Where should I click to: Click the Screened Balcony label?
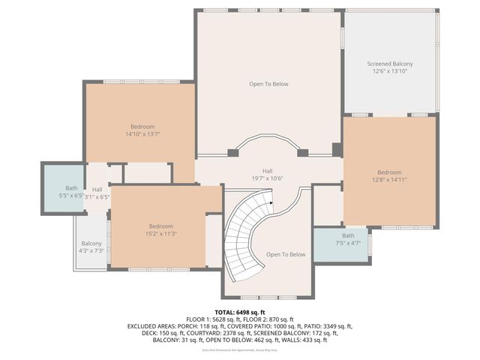pos(389,64)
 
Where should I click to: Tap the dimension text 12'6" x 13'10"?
pos(389,72)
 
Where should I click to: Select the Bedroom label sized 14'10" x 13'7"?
pos(143,125)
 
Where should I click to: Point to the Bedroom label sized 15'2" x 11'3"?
pos(160,226)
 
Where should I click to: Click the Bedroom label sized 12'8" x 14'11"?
pos(389,172)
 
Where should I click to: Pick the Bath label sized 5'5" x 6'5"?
pos(71,188)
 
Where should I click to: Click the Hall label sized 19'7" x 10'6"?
pos(267,170)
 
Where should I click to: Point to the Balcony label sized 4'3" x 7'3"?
pos(91,244)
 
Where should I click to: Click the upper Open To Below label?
pos(268,84)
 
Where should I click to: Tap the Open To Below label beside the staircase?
pos(286,254)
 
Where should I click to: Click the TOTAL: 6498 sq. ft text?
pos(240,312)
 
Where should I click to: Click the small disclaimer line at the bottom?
pos(240,350)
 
